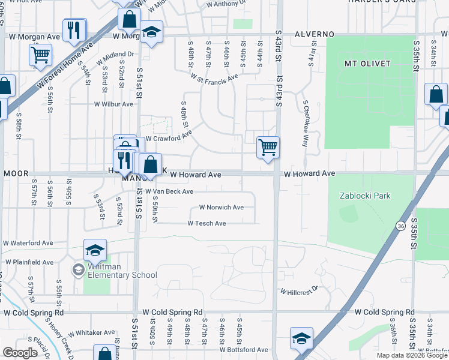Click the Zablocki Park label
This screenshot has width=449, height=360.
[x=365, y=196]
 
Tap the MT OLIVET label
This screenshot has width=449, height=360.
[x=367, y=63]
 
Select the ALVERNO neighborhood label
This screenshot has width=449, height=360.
[x=315, y=34]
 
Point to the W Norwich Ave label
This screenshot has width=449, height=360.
[x=221, y=208]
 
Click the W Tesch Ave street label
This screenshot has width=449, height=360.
[x=206, y=223]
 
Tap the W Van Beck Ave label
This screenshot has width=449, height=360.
[x=169, y=191]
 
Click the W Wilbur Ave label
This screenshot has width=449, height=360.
[x=113, y=104]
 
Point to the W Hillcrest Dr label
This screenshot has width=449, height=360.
[x=298, y=290]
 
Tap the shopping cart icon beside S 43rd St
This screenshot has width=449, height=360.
[x=268, y=146]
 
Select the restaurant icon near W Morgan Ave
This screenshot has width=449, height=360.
[x=74, y=31]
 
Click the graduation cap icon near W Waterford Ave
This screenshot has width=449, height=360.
[x=95, y=250]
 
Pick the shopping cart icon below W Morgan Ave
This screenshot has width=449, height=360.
[x=41, y=55]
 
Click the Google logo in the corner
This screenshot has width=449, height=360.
[x=20, y=353]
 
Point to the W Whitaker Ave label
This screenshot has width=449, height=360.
[x=91, y=332]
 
